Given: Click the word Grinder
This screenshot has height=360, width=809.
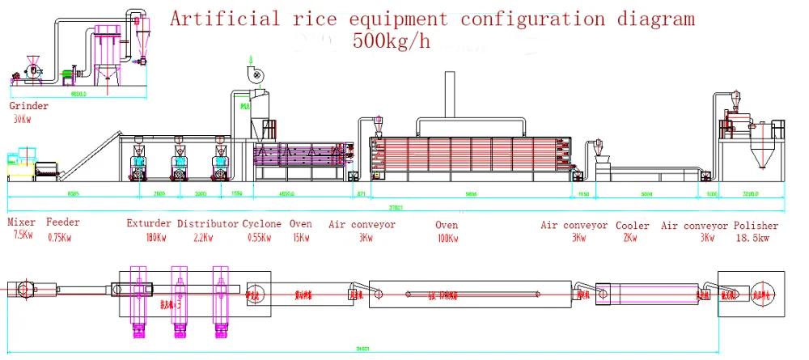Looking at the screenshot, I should (28, 106).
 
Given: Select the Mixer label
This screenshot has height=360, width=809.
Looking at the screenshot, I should (22, 224).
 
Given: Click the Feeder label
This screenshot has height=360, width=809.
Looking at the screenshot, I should (62, 224).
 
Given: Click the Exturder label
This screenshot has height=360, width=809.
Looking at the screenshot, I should (149, 224).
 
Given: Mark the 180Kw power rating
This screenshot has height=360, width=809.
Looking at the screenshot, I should (150, 237).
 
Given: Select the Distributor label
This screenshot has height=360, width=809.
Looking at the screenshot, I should (208, 224).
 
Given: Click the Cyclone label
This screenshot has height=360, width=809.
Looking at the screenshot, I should (261, 224).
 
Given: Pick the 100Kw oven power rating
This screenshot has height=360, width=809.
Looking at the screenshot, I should (447, 237).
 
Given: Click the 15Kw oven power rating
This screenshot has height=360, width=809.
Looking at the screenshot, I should (300, 237).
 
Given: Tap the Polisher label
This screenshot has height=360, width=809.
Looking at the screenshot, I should (756, 225).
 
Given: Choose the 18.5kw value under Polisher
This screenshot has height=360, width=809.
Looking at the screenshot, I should (756, 238).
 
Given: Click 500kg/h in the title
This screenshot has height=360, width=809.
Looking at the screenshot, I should (391, 42).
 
